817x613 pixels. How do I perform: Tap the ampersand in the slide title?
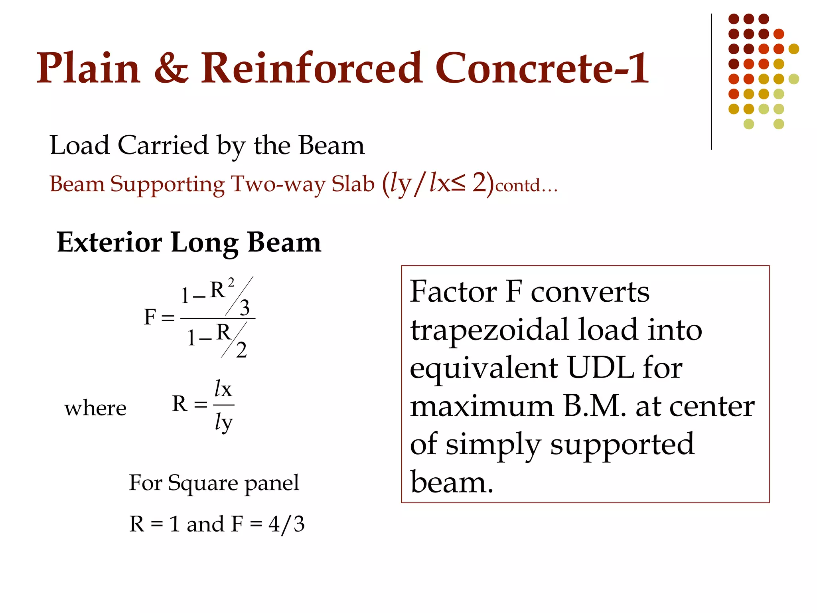click(171, 69)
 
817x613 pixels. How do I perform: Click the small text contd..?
click(526, 186)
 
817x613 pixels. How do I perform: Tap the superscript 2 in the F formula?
click(231, 283)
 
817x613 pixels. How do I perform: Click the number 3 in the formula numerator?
click(245, 307)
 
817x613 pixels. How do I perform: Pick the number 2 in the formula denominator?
click(241, 350)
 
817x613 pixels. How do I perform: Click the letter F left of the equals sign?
click(150, 317)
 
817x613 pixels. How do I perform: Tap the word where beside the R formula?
click(95, 408)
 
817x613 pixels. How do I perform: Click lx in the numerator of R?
click(223, 388)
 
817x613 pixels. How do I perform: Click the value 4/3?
click(286, 524)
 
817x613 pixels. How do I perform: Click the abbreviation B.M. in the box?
click(594, 406)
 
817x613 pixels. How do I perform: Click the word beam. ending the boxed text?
click(452, 482)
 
